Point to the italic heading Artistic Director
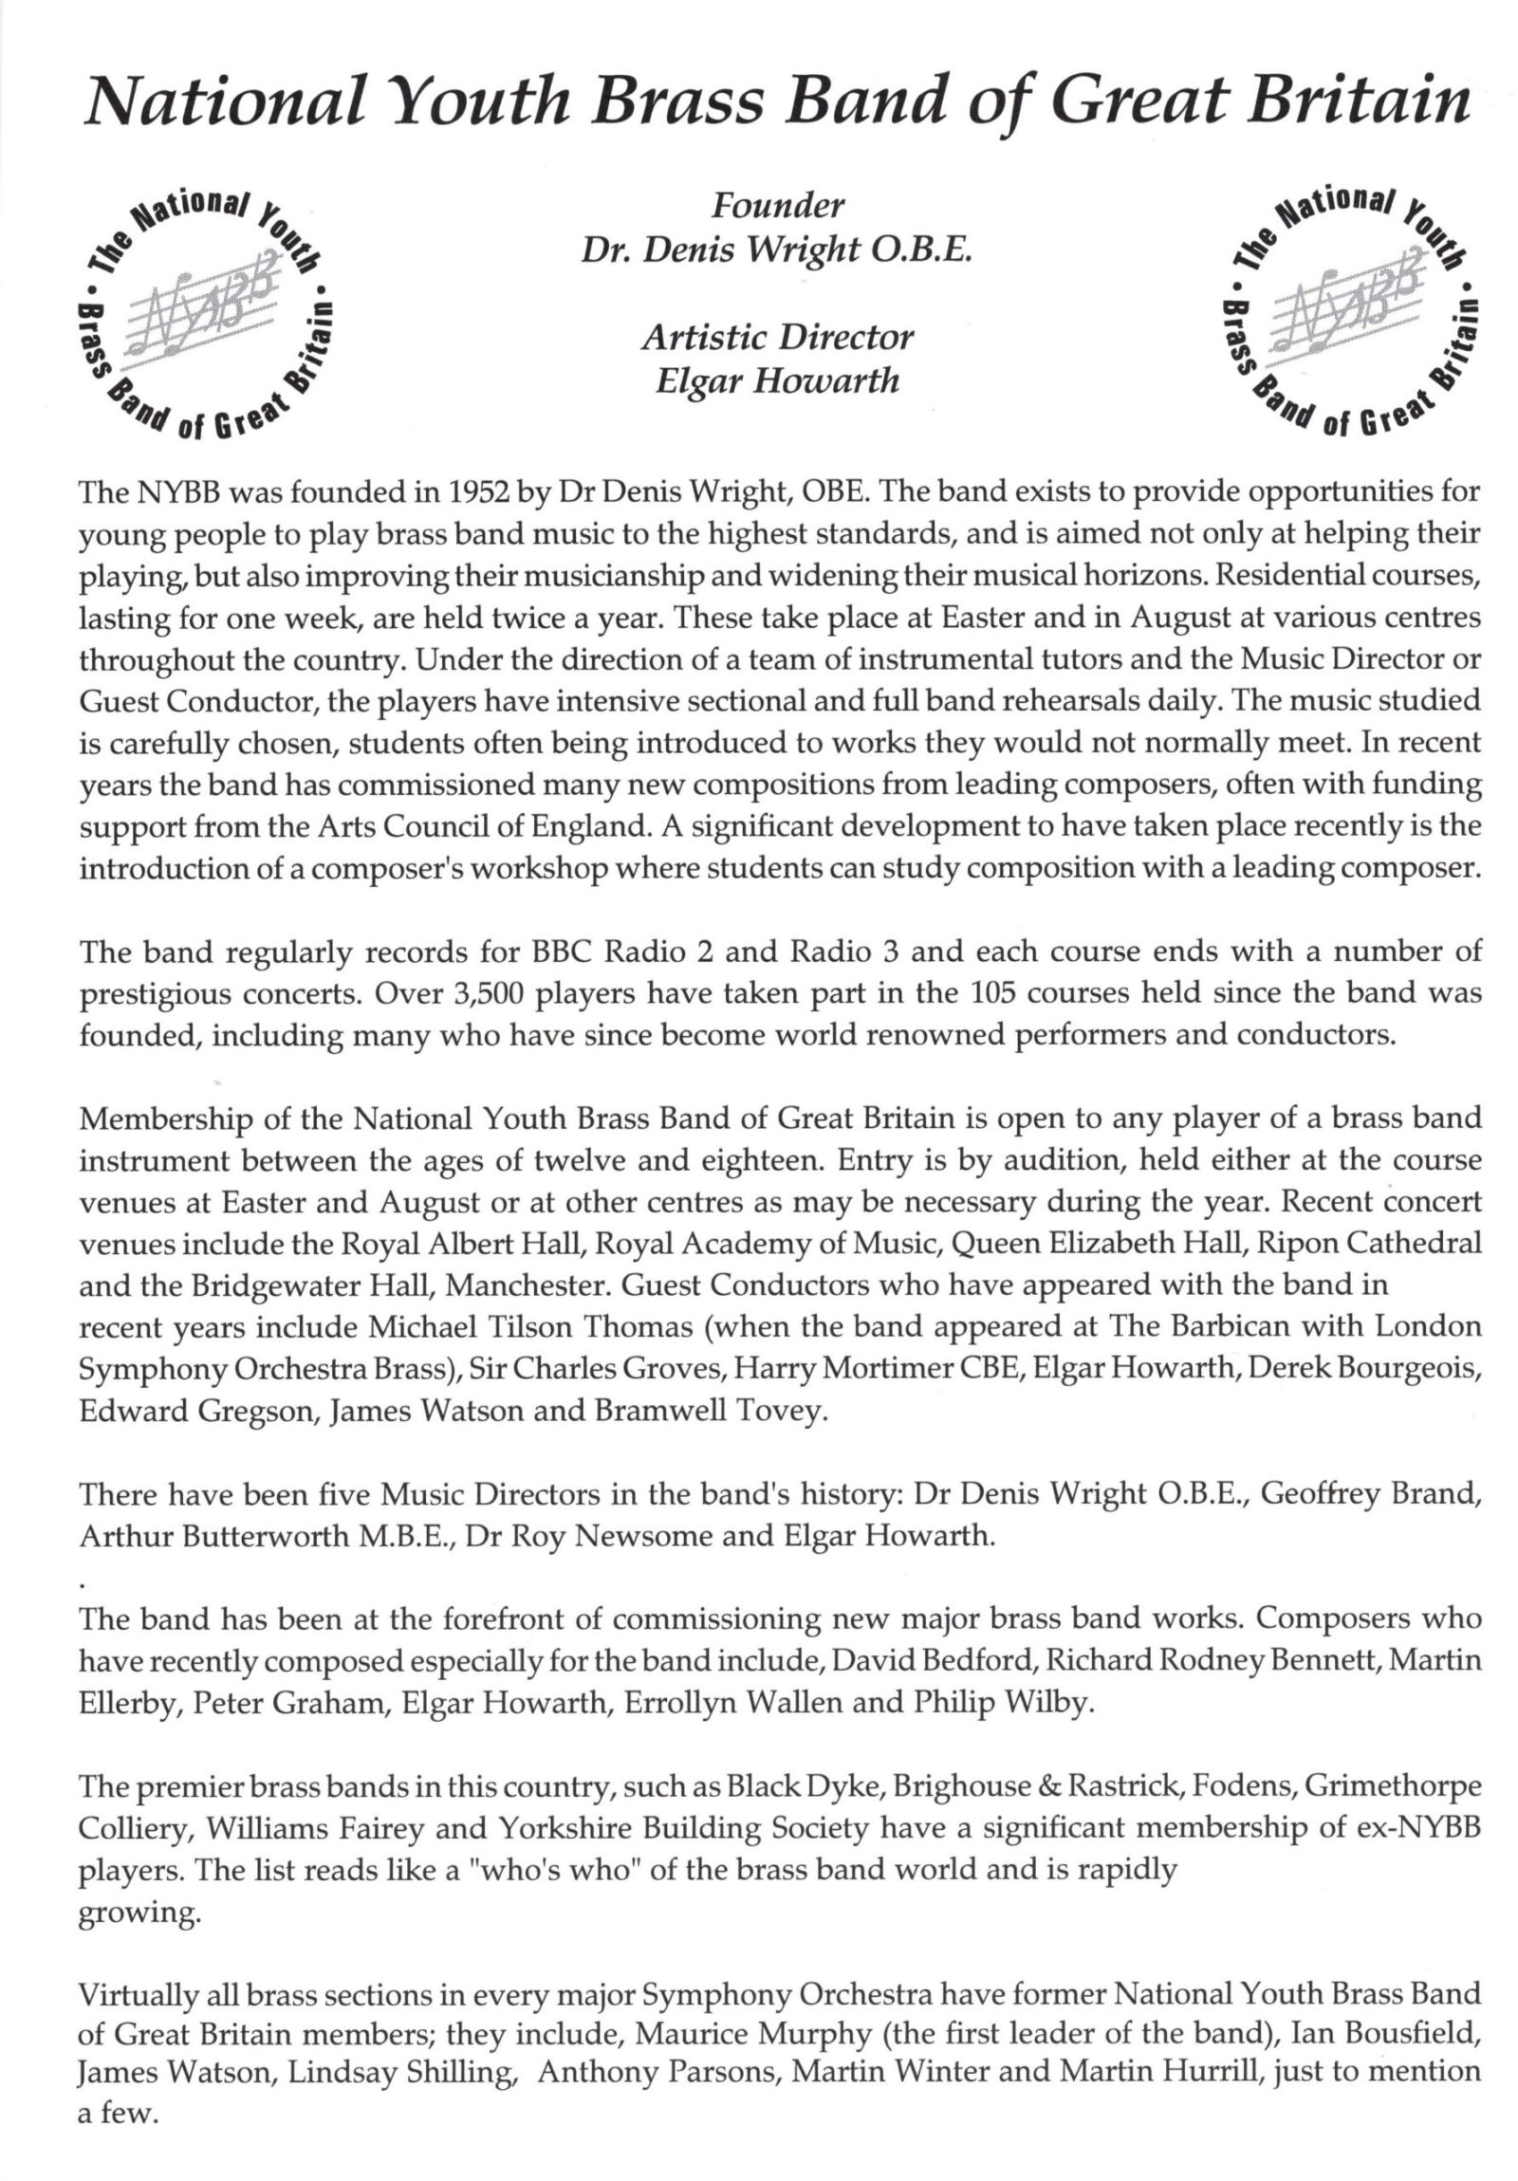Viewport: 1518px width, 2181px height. (777, 336)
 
